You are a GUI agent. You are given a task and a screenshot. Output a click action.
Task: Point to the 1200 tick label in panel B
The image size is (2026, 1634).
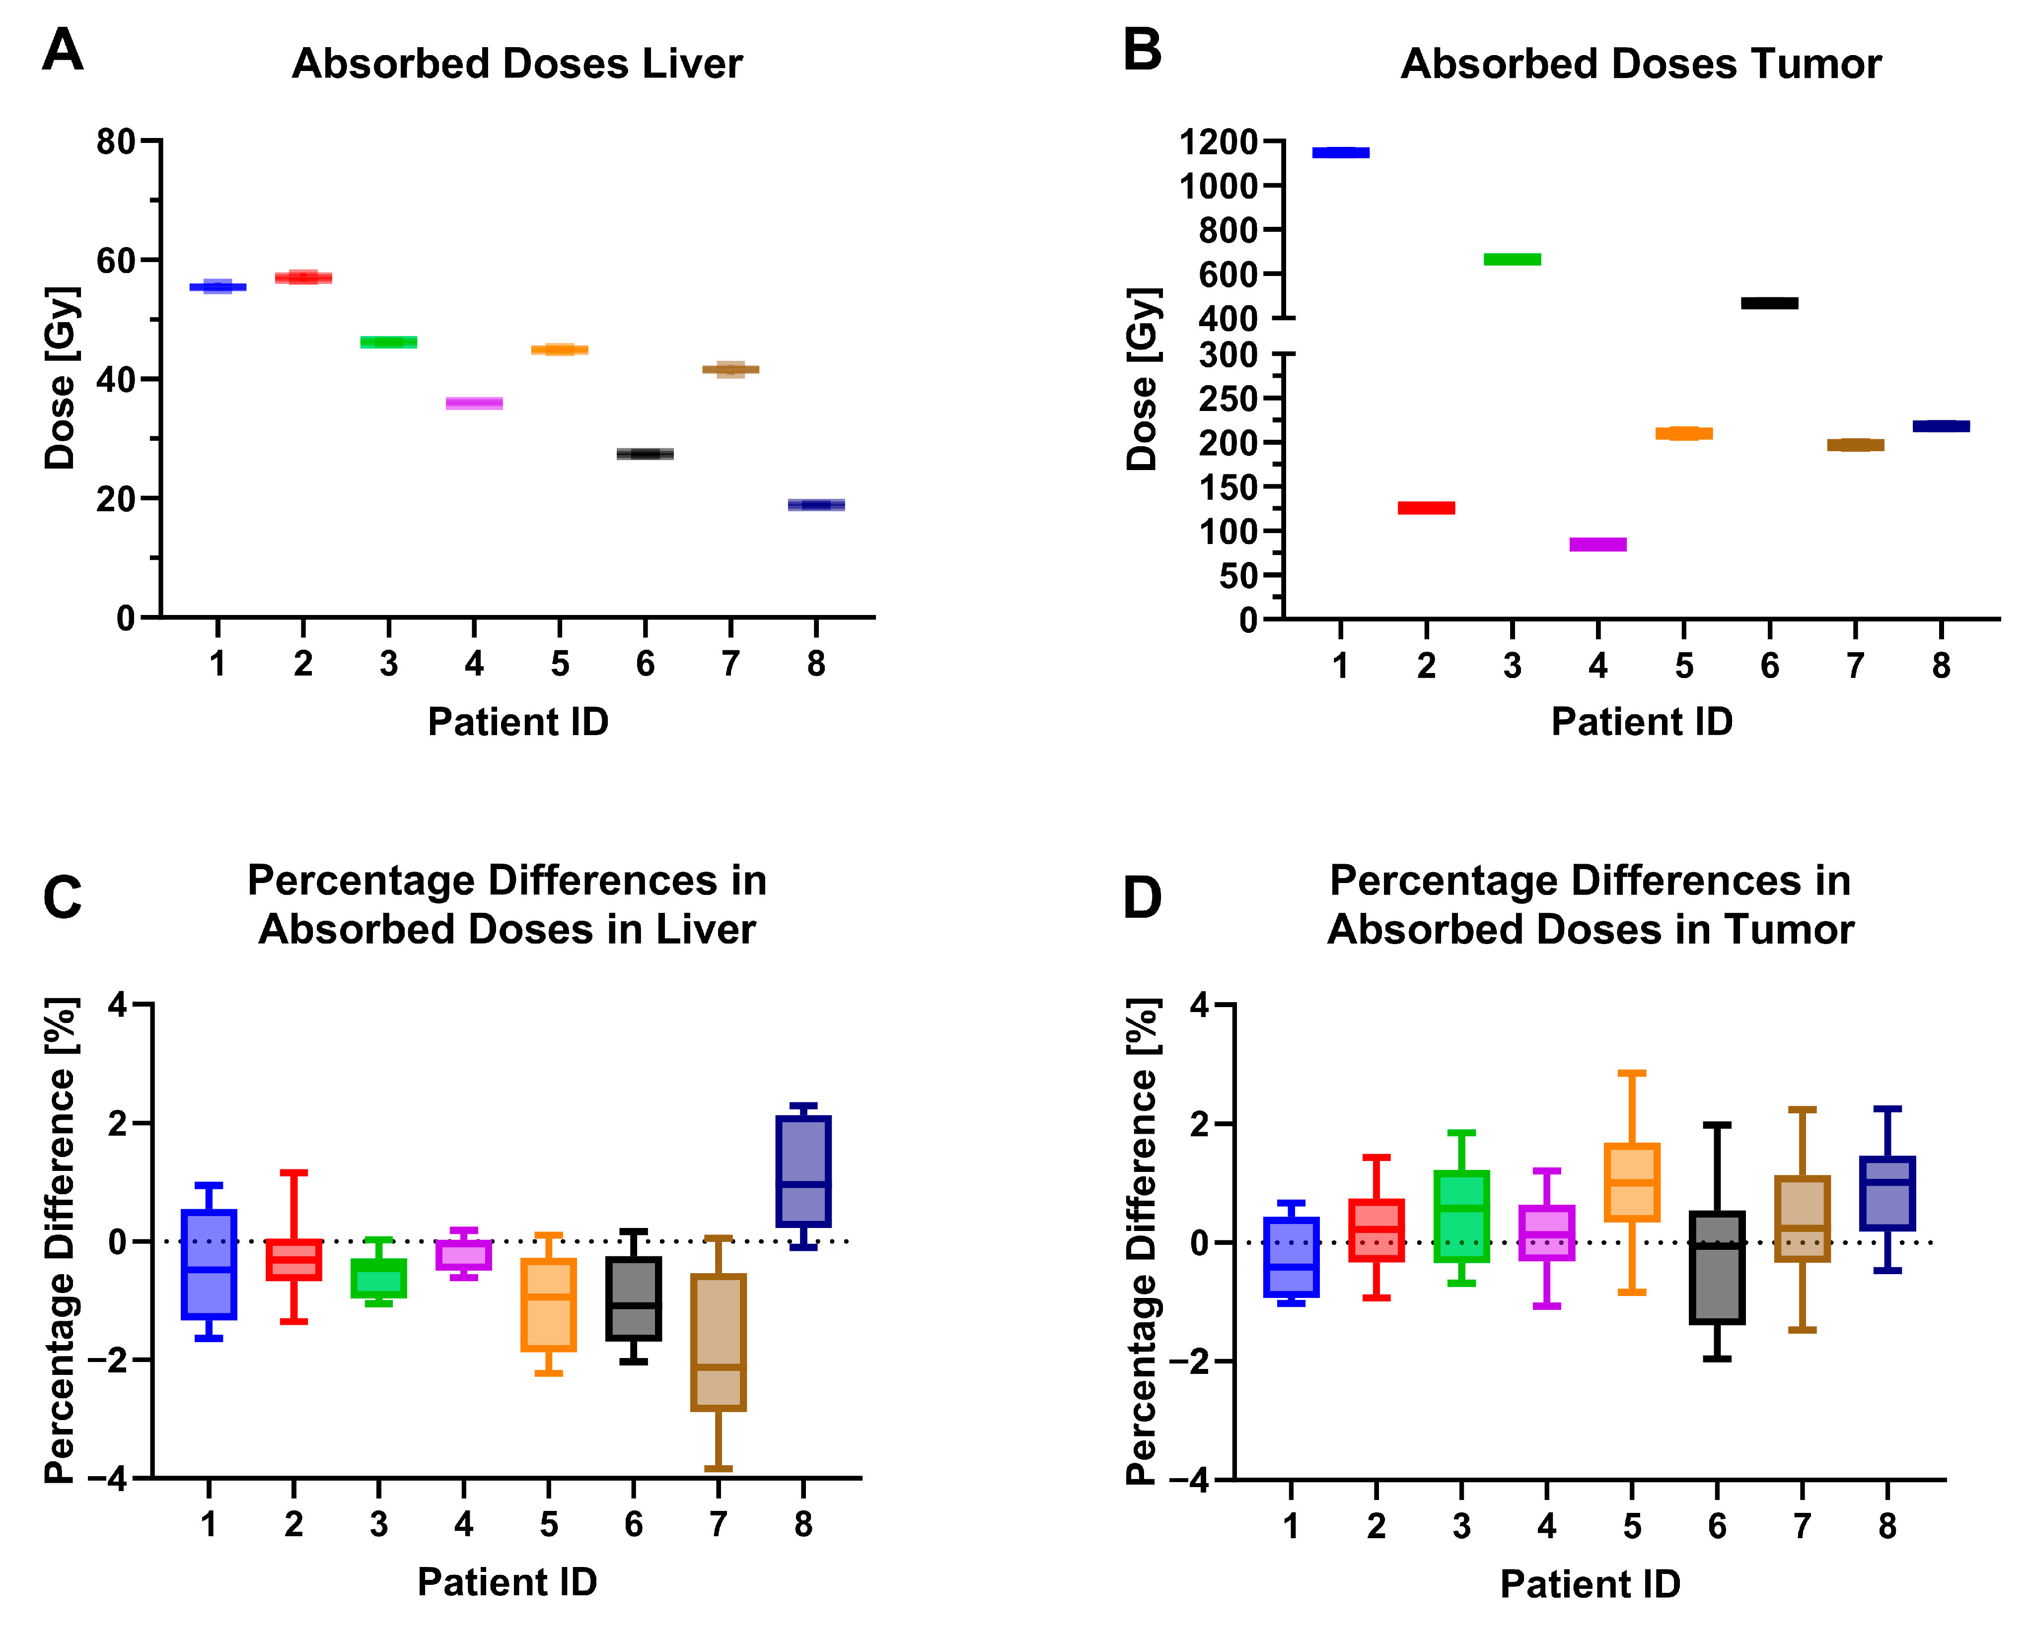pos(1218,142)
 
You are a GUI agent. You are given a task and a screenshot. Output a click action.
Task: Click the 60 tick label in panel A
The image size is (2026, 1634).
pos(116,261)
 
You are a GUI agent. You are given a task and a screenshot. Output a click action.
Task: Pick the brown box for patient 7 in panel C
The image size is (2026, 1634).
pos(719,1342)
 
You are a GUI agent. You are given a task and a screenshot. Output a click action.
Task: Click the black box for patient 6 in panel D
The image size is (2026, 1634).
pos(1717,1268)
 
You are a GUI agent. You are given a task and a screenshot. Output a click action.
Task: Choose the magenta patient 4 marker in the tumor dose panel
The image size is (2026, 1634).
pos(1597,544)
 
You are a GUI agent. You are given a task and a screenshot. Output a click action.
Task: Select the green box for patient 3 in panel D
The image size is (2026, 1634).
pos(1461,1216)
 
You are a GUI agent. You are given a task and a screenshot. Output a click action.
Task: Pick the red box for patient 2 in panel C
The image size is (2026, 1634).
pos(294,1259)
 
